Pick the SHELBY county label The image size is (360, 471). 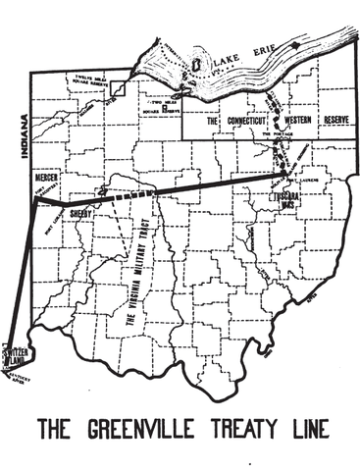point(80,222)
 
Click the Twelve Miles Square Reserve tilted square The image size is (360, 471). point(117,87)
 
